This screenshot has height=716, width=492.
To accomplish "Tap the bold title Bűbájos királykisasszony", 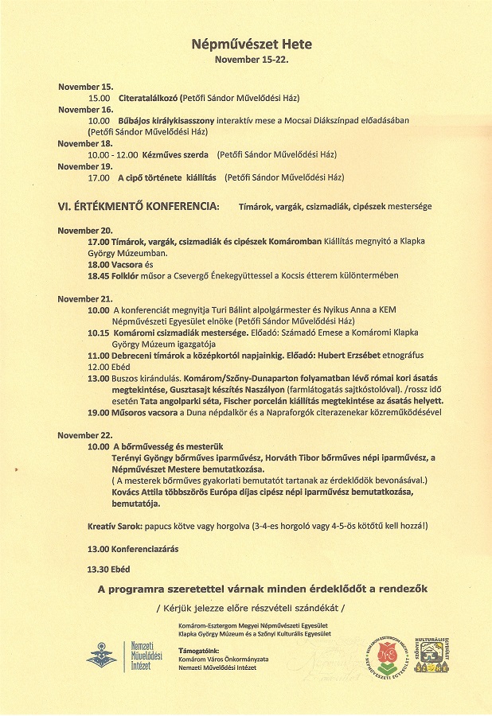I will [x=165, y=120].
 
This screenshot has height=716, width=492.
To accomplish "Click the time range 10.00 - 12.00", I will [x=112, y=154].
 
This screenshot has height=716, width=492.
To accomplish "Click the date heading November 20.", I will [x=85, y=230].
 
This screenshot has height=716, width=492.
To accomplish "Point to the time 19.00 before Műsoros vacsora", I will [x=99, y=413].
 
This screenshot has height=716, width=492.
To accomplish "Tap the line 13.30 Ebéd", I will [x=108, y=569].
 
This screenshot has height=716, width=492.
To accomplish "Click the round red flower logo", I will [x=386, y=652].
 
